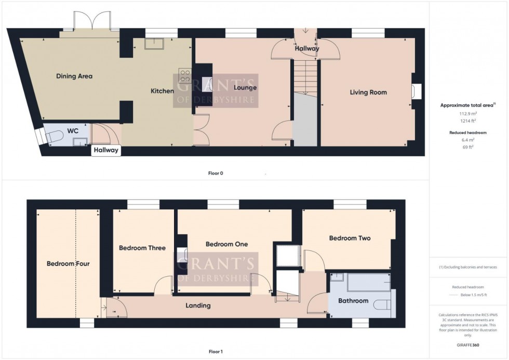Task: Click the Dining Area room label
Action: (x=74, y=76)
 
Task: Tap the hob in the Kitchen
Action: (x=184, y=76)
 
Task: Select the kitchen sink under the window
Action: (x=154, y=44)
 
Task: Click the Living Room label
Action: (x=368, y=92)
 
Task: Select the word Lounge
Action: (x=245, y=88)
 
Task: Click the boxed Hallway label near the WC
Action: (x=106, y=151)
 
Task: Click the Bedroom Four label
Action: (x=68, y=264)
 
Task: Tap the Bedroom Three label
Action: (x=142, y=248)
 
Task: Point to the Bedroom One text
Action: (x=226, y=244)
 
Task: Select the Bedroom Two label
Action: (x=350, y=238)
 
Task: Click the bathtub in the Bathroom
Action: (x=368, y=283)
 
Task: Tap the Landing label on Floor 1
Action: (x=198, y=305)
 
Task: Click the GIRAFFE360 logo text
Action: (x=468, y=344)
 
